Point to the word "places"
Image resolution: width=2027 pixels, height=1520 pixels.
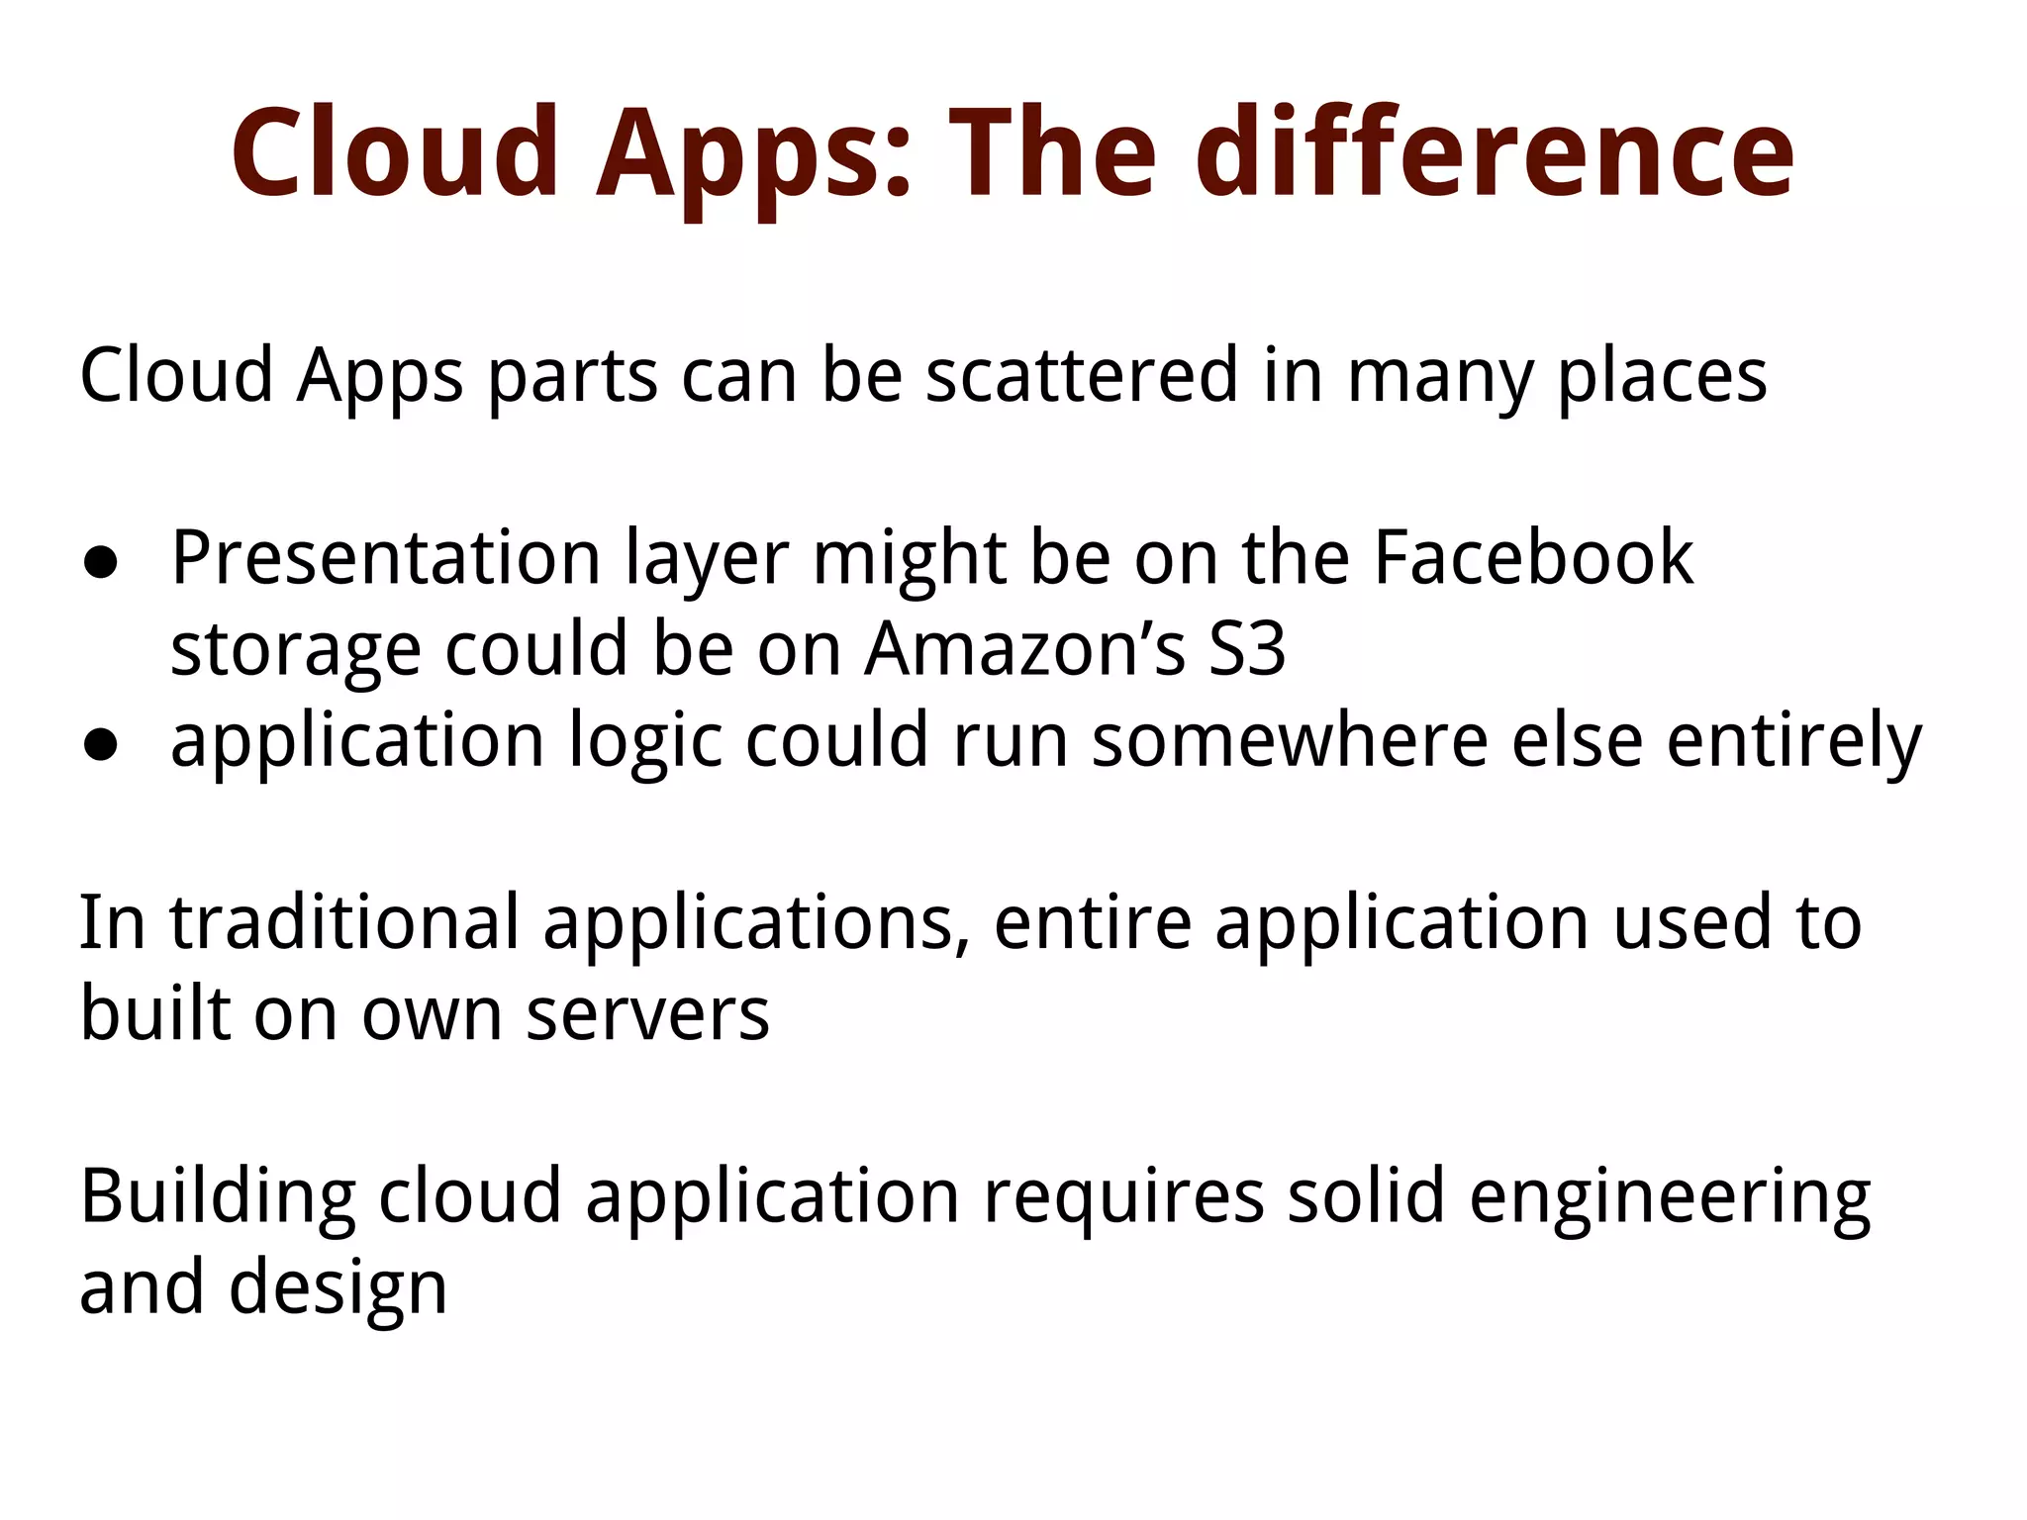[1662, 377]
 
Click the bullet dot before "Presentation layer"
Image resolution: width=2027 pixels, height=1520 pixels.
[101, 563]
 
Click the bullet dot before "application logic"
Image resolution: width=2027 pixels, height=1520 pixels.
[101, 745]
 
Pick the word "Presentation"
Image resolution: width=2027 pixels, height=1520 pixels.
[386, 558]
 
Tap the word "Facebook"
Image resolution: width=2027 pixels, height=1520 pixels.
[1533, 558]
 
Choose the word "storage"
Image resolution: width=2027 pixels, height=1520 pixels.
[295, 651]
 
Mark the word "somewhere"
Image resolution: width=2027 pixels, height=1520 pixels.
[1289, 740]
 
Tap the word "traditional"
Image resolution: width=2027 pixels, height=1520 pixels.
[344, 922]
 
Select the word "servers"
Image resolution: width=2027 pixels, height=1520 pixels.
[647, 1014]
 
